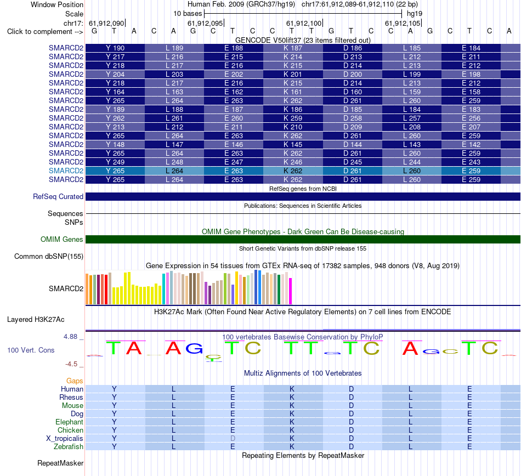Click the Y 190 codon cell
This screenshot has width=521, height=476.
pos(115,48)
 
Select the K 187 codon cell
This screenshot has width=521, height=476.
pos(293,48)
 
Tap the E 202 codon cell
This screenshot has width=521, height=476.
pos(234,74)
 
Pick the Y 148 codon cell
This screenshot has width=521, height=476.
pos(115,144)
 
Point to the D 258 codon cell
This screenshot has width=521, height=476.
pos(352,118)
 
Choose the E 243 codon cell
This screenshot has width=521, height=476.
pos(471,162)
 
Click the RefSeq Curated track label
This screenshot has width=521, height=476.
pos(58,197)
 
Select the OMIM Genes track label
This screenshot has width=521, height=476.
pos(61,239)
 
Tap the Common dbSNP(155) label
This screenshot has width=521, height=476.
pos(48,257)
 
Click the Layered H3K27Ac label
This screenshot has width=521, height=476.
pos(36,320)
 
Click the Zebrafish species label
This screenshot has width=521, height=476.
pos(69,447)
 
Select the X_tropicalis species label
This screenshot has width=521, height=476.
pos(65,439)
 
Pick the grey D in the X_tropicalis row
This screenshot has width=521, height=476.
pos(233,439)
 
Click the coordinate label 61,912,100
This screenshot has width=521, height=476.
pos(304,23)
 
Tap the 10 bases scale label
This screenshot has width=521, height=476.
pos(188,14)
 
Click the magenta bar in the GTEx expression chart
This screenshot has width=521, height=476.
pos(291,291)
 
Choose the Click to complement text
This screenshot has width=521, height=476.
pos(39,32)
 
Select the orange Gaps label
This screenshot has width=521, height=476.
pos(75,381)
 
